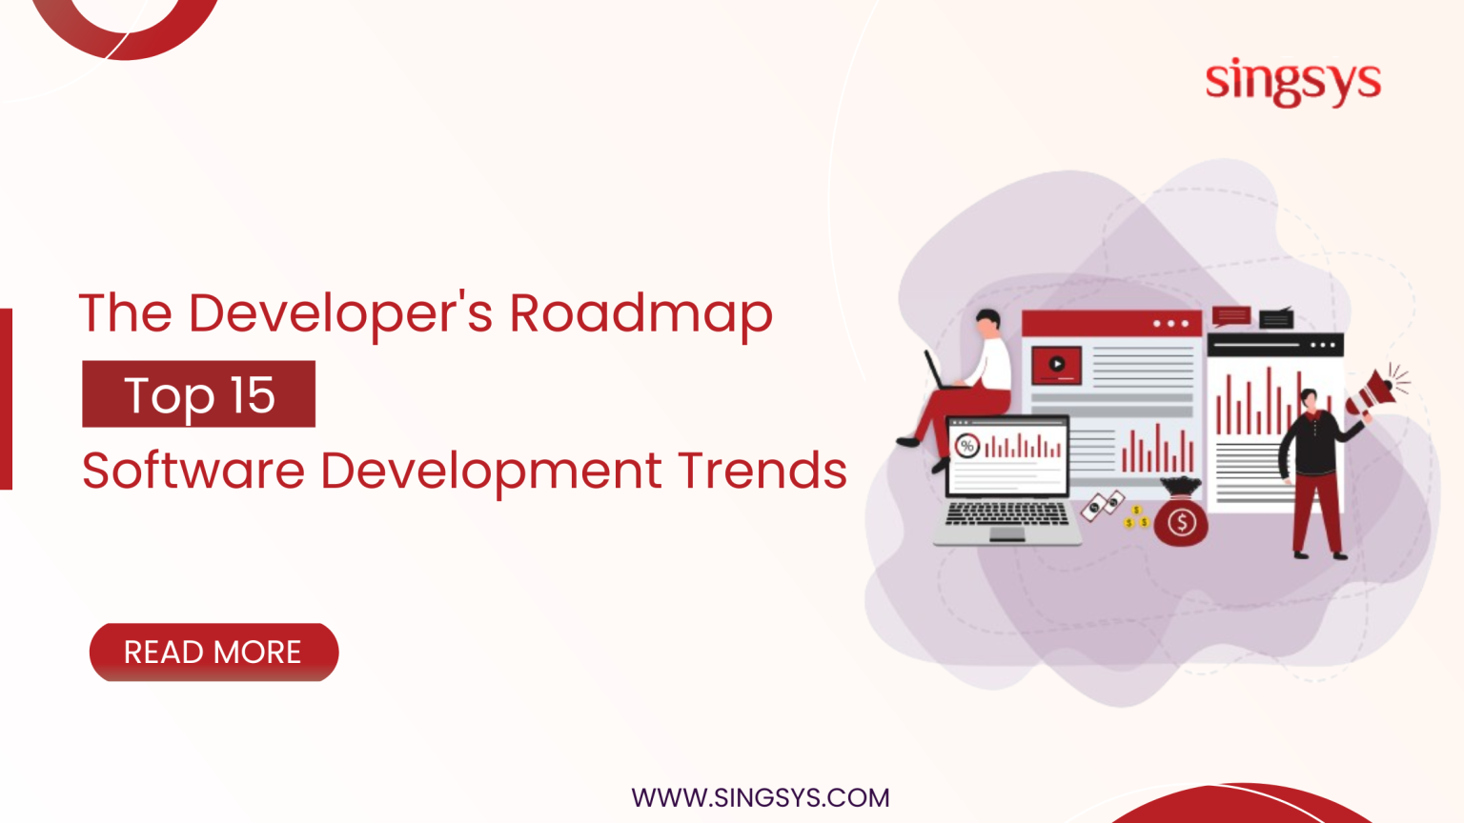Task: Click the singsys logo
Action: coord(1292,82)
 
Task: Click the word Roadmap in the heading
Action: coord(640,313)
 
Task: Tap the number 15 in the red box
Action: coord(253,395)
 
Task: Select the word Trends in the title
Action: coord(762,471)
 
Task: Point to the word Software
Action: coord(193,471)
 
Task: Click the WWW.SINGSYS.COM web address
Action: coord(760,797)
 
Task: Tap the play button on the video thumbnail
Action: coord(1056,364)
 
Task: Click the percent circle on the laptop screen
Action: coord(967,446)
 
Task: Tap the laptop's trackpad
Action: coord(1006,534)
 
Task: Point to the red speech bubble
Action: coord(1230,316)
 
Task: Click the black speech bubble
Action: coord(1275,318)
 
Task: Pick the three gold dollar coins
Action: coord(1136,518)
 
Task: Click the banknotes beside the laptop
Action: coord(1103,505)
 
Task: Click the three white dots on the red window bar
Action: coord(1170,324)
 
